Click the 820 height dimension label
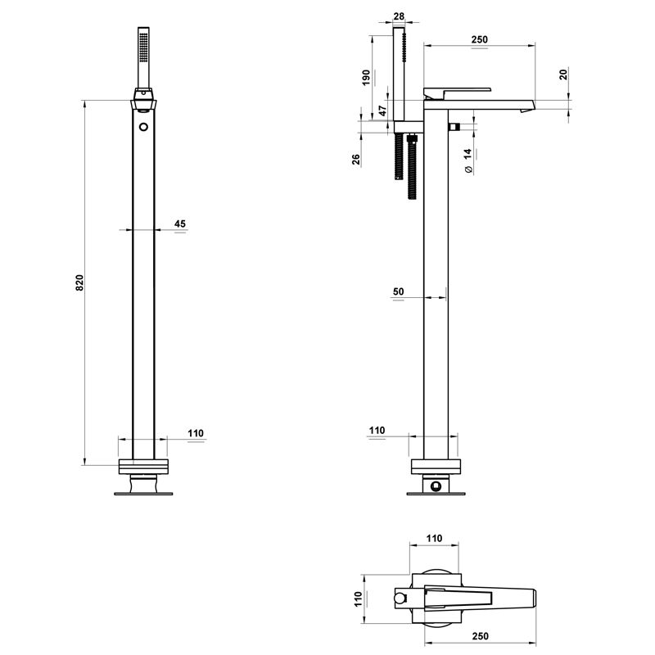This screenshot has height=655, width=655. pos(79,282)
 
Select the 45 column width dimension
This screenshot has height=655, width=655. pos(180,224)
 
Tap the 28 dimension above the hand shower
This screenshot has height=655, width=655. pos(399,16)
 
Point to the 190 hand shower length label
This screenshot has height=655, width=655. pos(366,78)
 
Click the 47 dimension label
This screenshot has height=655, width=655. pos(382,111)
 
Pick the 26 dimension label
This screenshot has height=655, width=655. pos(356,160)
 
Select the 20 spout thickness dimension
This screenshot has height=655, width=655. pos(563,75)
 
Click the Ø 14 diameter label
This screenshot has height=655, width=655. pos(468,160)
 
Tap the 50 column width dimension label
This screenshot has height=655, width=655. pos(399,291)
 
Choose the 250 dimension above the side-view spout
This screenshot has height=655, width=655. pos(480,39)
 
